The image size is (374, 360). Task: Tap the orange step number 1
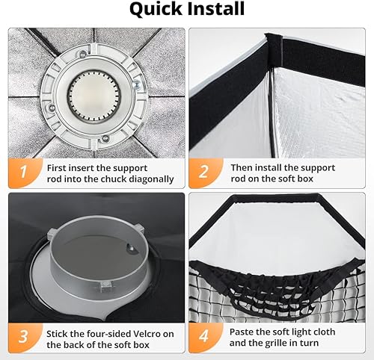(x=24, y=173)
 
